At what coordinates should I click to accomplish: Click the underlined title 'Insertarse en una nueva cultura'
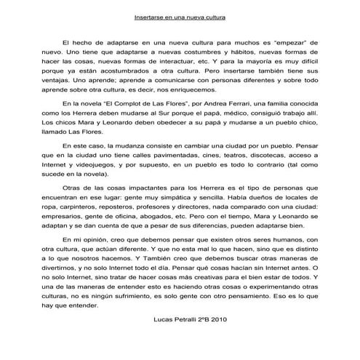pos(180,15)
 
